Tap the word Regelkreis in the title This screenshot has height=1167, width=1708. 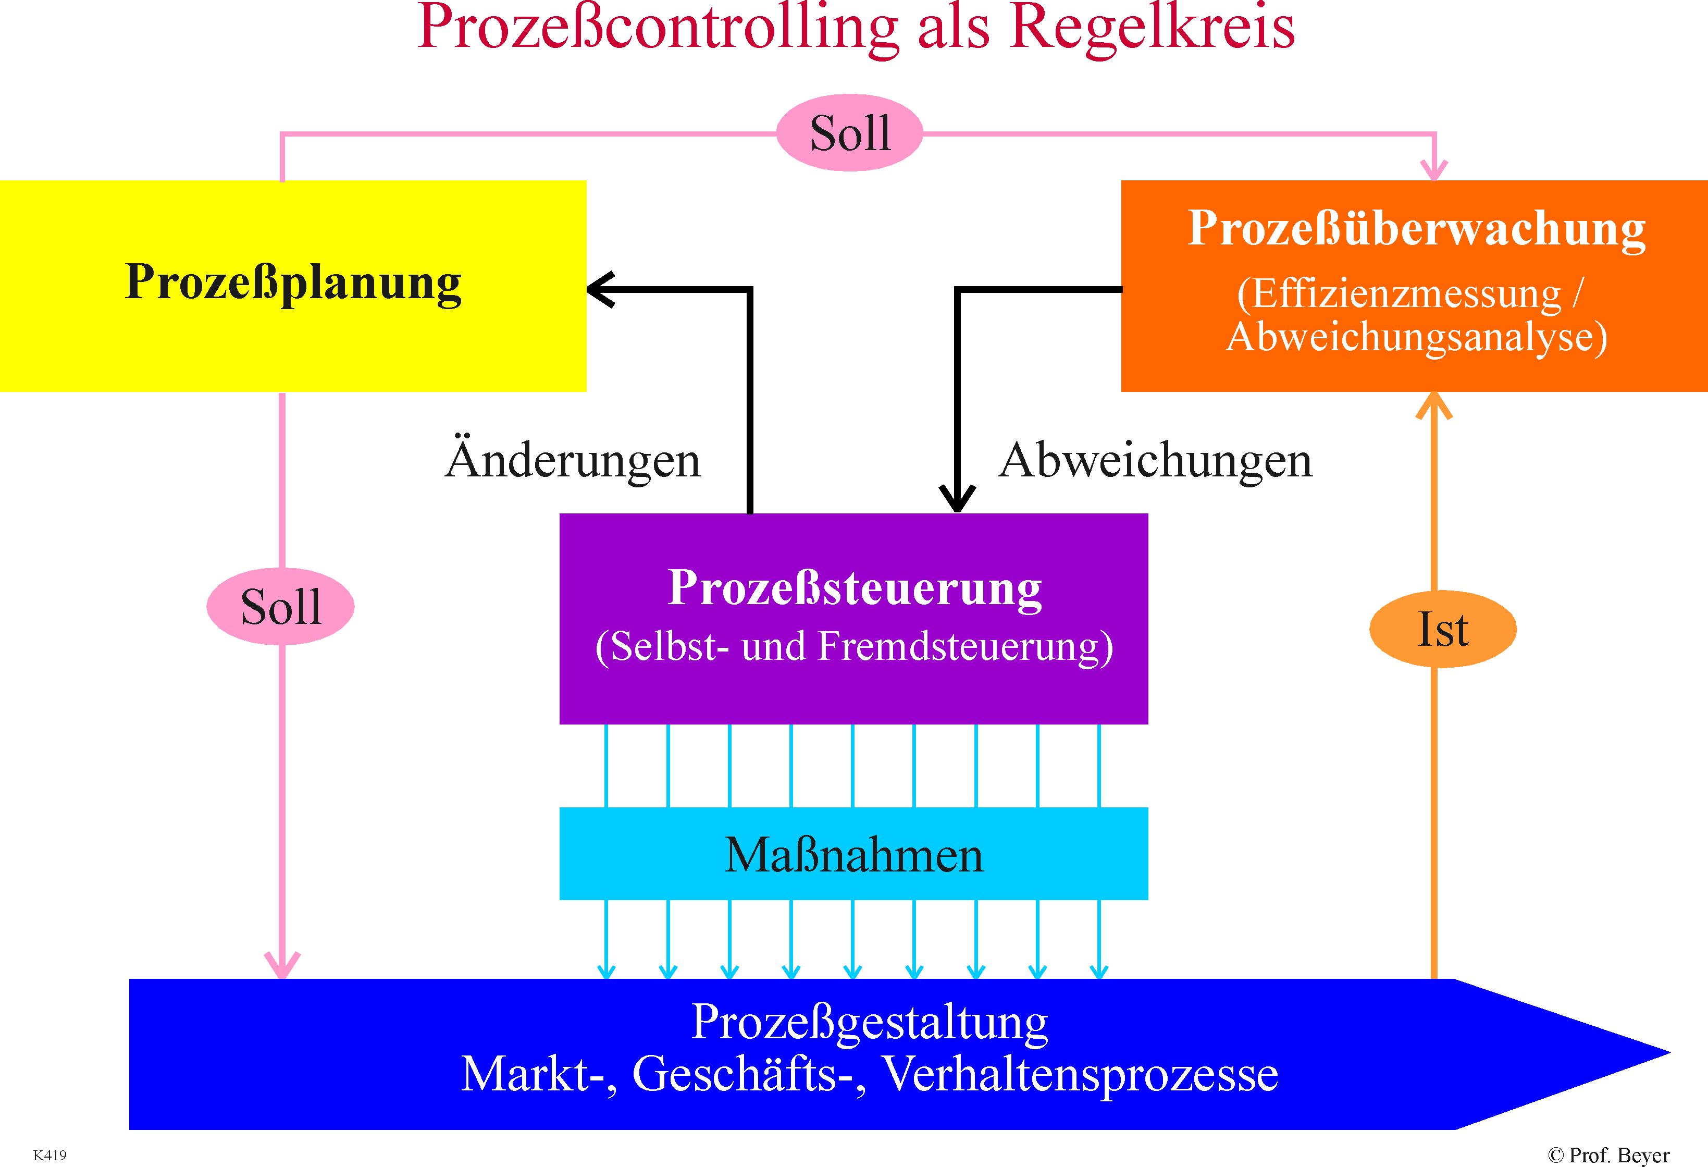click(1153, 29)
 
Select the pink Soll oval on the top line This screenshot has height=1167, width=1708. click(850, 133)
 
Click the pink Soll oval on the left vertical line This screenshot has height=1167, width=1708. click(281, 607)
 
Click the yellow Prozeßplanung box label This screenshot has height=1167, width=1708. click(293, 283)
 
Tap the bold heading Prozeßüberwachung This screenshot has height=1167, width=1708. click(1416, 229)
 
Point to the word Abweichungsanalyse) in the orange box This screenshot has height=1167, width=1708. click(1416, 338)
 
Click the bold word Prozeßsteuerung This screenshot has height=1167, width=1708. click(855, 589)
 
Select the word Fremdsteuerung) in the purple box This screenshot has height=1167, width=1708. click(966, 647)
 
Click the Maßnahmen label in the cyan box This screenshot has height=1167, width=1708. click(854, 855)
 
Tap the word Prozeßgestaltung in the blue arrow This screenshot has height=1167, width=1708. click(870, 1023)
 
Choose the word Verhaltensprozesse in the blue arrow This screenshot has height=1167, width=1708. click(1080, 1074)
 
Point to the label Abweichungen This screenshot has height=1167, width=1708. click(1155, 461)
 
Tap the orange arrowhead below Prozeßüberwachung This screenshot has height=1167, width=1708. click(1434, 406)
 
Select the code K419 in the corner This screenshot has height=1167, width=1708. click(50, 1155)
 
